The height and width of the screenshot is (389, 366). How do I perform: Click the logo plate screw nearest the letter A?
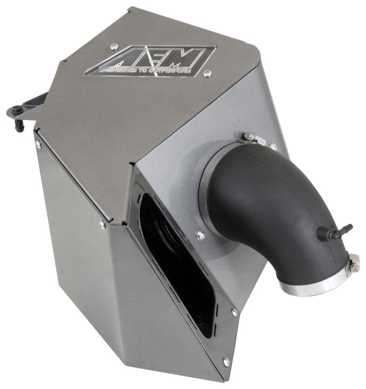point(114,47)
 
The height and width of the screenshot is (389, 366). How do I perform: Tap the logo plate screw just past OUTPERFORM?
point(208,73)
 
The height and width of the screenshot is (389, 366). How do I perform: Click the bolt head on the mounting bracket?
point(16,110)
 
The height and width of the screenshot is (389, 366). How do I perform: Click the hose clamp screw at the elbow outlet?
point(353,263)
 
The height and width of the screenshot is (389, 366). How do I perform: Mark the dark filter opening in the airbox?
point(180,263)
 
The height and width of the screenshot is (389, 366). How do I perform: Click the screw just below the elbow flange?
point(200,235)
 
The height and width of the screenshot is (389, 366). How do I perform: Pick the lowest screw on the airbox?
point(225,362)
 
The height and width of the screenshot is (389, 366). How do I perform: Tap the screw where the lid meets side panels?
point(102,225)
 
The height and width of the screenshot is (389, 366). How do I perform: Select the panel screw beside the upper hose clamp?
point(273,146)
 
